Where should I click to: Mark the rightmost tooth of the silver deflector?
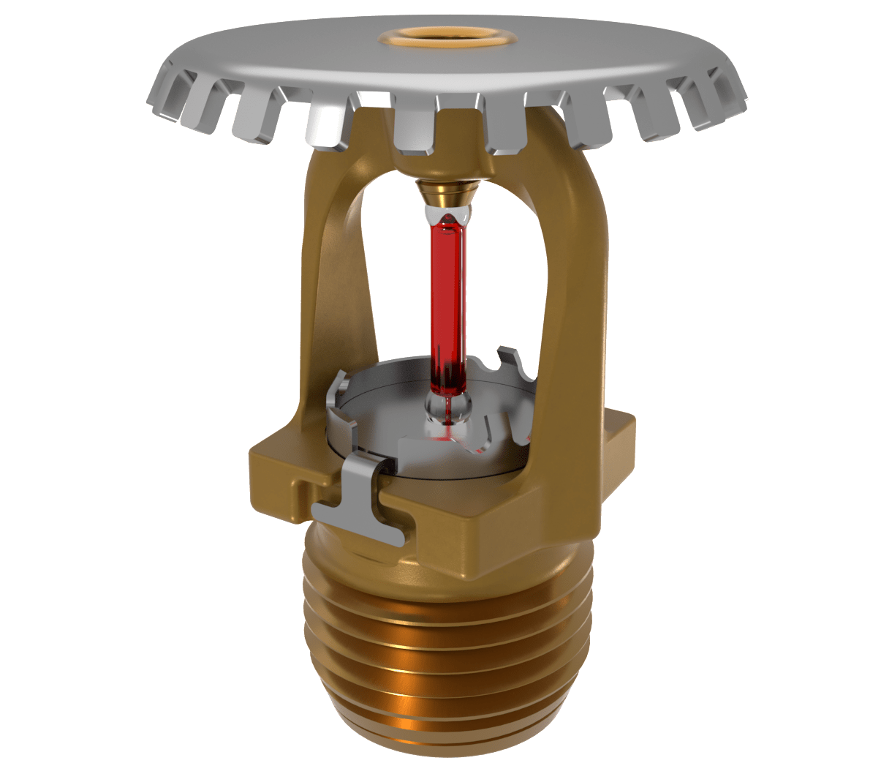tap(731, 91)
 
